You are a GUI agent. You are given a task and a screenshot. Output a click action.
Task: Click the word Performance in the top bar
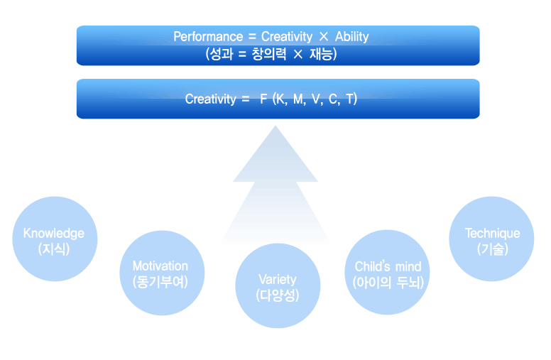[208, 37]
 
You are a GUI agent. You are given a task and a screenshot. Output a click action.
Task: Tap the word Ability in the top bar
[351, 36]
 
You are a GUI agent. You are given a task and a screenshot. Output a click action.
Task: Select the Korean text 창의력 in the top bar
[269, 54]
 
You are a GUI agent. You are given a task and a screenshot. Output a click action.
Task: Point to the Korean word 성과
[222, 54]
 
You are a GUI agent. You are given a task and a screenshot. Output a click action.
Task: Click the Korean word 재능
[320, 54]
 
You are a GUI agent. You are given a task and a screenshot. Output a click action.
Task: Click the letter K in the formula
[280, 99]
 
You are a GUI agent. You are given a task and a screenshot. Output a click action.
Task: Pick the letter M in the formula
[298, 99]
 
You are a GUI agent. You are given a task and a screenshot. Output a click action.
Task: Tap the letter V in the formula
[315, 99]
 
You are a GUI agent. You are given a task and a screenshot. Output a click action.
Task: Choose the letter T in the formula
[350, 99]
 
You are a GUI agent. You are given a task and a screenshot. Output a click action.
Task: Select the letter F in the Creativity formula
[263, 99]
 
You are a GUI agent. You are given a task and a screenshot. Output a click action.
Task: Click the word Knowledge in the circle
[54, 234]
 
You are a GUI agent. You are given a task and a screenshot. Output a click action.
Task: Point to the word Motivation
[160, 266]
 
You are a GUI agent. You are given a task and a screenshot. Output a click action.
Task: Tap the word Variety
[278, 280]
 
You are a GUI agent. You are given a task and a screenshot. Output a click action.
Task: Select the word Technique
[492, 234]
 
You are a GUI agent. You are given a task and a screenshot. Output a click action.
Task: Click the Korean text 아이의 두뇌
[388, 283]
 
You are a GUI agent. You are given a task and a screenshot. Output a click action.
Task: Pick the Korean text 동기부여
[160, 282]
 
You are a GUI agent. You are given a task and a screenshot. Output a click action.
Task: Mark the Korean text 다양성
[278, 295]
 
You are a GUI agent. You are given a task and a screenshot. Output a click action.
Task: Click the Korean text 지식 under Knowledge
[54, 249]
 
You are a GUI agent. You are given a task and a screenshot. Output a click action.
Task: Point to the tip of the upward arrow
[275, 126]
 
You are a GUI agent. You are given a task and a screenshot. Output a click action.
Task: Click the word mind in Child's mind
[408, 267]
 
